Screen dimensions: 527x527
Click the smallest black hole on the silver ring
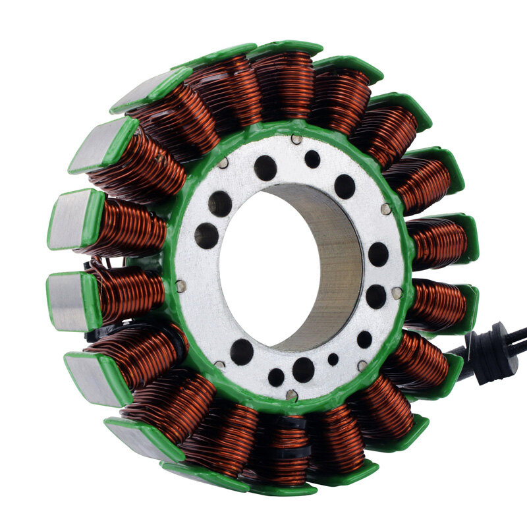[333, 360]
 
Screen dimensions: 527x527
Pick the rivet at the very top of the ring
[296, 140]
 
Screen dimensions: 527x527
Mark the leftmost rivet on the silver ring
[180, 286]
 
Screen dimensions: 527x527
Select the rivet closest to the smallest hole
[362, 365]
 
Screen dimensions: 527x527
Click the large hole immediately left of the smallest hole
[303, 370]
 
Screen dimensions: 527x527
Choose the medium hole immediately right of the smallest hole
[364, 339]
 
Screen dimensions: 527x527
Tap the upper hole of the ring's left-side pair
[220, 204]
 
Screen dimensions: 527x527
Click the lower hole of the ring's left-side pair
[206, 235]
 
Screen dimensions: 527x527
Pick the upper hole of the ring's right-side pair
[378, 254]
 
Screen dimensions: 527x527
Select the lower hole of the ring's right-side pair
[376, 296]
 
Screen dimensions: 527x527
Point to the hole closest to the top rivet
[312, 159]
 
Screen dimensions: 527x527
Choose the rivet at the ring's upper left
[223, 162]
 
